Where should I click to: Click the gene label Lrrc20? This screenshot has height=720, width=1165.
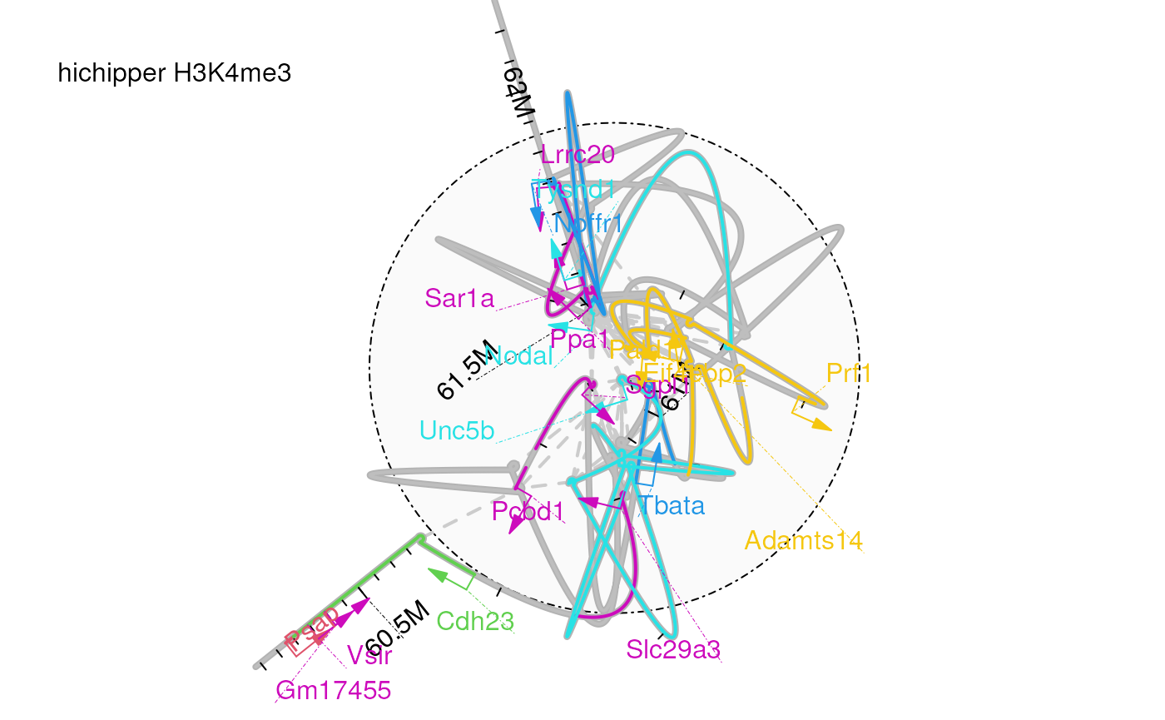tap(578, 155)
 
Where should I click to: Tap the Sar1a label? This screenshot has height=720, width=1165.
tap(459, 298)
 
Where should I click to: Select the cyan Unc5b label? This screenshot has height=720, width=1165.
tap(457, 430)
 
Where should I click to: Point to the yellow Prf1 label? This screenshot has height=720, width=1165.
tap(849, 373)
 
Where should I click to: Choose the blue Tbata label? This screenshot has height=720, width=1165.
tap(672, 505)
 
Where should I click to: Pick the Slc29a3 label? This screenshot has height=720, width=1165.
tap(672, 648)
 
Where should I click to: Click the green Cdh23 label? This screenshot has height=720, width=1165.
tap(475, 620)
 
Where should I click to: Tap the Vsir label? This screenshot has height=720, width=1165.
tap(369, 655)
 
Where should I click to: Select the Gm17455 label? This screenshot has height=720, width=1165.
tap(333, 690)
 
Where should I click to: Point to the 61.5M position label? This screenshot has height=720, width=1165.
tap(465, 372)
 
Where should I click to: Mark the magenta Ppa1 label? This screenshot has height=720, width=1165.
tap(579, 340)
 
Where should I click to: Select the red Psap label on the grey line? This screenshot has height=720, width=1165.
tap(312, 629)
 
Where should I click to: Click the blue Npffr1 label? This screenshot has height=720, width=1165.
tap(588, 223)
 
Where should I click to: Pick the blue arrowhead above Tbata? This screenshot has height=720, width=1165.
tap(658, 452)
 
